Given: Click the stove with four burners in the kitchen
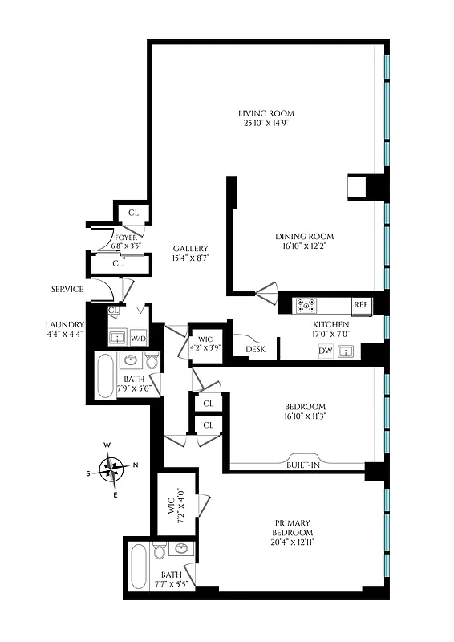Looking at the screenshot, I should click(306, 305).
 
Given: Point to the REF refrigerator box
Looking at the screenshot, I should click(361, 305).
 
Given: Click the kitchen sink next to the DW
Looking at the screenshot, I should click(347, 351).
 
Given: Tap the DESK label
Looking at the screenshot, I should click(256, 350).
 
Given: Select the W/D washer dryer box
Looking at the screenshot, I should click(138, 338).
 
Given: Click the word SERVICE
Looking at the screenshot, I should click(67, 289).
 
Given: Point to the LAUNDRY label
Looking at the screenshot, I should click(65, 324).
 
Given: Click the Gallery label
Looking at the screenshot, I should click(190, 248).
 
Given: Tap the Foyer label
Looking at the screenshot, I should click(126, 238).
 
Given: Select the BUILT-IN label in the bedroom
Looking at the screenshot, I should click(303, 465).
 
